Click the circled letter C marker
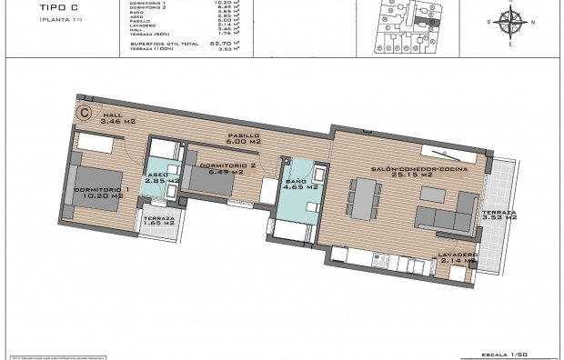85,113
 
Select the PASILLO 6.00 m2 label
243,137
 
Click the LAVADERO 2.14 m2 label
457,257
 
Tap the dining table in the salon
365,199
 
